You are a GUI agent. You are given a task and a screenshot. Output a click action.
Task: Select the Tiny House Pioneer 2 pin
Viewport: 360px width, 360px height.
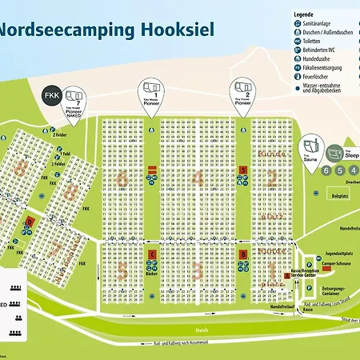pos(242,93)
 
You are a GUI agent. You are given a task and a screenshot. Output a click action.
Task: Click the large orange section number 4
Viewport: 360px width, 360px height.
pos(198,179)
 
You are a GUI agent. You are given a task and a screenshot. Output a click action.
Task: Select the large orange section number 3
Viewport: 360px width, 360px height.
pos(198,270)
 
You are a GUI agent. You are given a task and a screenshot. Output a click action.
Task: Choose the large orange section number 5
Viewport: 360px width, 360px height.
pos(122,270)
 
